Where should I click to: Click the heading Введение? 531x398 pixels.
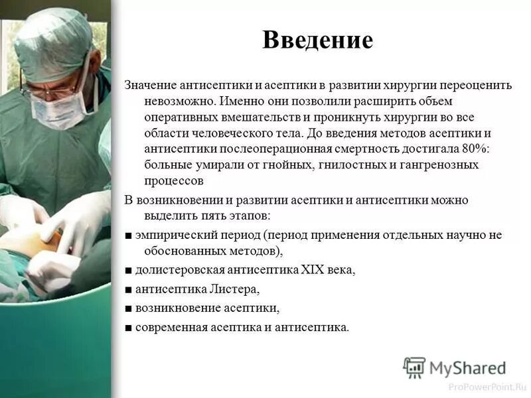[317, 40]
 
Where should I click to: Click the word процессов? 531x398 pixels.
[173, 180]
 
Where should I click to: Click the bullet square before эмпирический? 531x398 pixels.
[128, 235]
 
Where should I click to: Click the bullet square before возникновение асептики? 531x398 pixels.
[128, 308]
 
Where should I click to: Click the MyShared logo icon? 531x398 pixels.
[414, 367]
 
